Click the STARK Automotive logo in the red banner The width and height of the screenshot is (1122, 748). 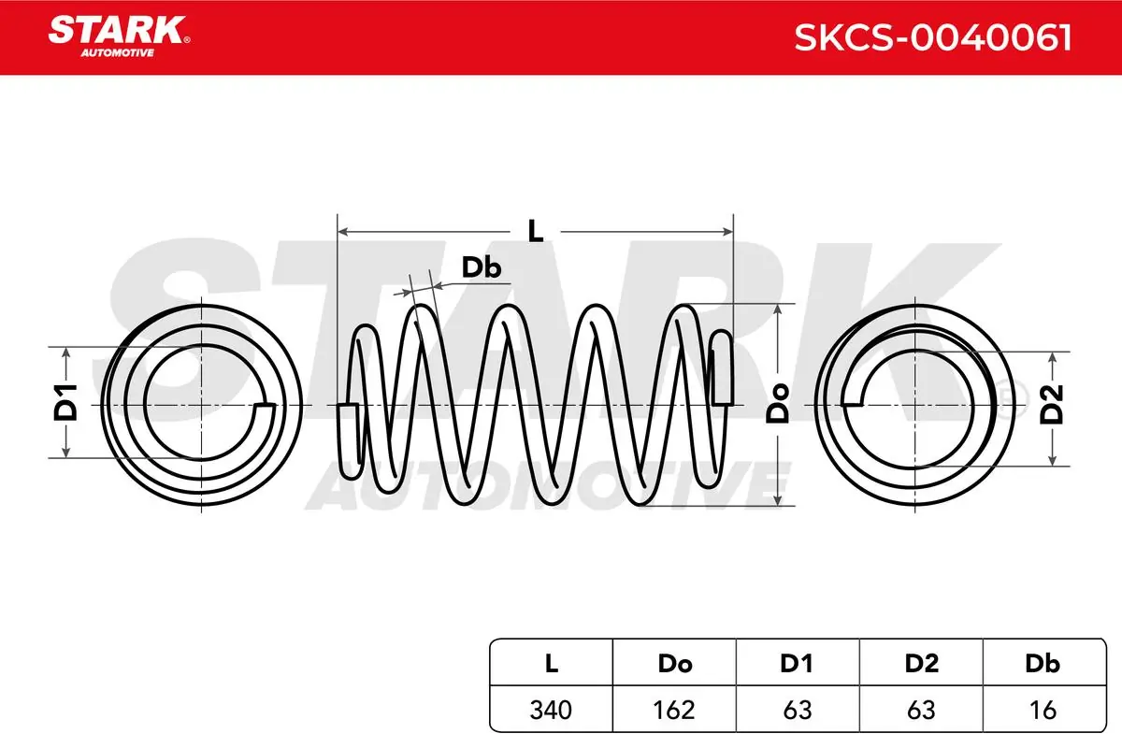[x=120, y=36]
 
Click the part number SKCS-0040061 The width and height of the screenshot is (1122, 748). [x=933, y=37]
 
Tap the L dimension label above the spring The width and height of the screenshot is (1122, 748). [x=536, y=232]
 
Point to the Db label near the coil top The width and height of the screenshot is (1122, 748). [x=481, y=267]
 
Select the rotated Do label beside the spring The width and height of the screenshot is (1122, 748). [x=777, y=403]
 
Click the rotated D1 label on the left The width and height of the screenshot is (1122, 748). [x=65, y=402]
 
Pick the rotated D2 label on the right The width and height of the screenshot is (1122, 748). [x=1052, y=404]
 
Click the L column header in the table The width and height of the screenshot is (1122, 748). [x=551, y=664]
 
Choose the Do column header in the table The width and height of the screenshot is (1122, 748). [x=675, y=664]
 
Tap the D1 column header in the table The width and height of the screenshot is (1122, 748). [x=797, y=664]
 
